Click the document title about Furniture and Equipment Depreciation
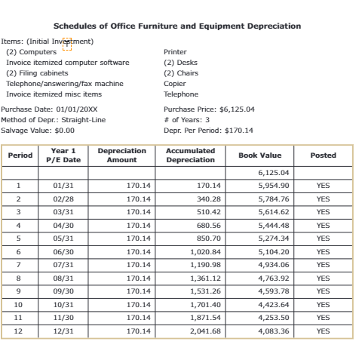pos(177,26)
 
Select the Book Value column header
pos(259,155)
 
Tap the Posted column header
pos(323,155)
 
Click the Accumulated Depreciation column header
pos(190,155)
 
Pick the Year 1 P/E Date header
pos(63,155)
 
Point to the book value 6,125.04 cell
pos(273,172)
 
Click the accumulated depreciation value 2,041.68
pos(205,331)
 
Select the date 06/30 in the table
pos(63,251)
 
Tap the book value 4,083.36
pos(273,331)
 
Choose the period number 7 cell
pos(19,265)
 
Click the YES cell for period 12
pos(323,331)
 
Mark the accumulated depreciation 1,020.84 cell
pos(205,251)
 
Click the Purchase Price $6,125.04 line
pos(209,109)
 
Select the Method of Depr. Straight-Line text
pos(54,119)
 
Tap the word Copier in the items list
pos(175,84)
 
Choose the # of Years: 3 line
pos(186,119)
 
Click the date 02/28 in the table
pos(63,198)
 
